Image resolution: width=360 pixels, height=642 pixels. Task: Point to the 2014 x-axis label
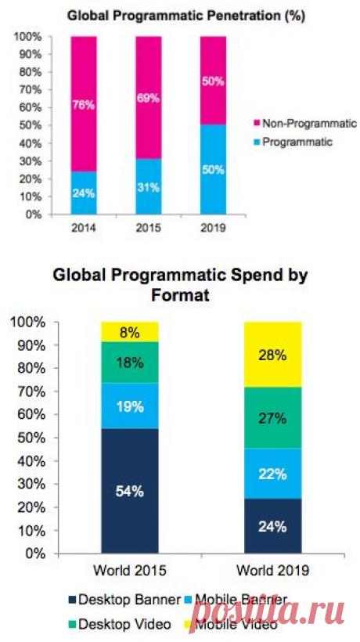(x=85, y=227)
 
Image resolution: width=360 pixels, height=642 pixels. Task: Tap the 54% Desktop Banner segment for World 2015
(x=130, y=491)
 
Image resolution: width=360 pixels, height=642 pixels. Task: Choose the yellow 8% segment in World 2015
(x=130, y=332)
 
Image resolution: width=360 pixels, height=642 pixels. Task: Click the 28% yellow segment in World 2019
(x=273, y=354)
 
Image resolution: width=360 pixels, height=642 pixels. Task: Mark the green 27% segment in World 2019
(x=273, y=417)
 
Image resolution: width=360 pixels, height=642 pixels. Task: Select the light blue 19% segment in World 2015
(x=130, y=406)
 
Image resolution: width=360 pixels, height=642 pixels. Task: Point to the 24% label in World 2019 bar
(x=273, y=526)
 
